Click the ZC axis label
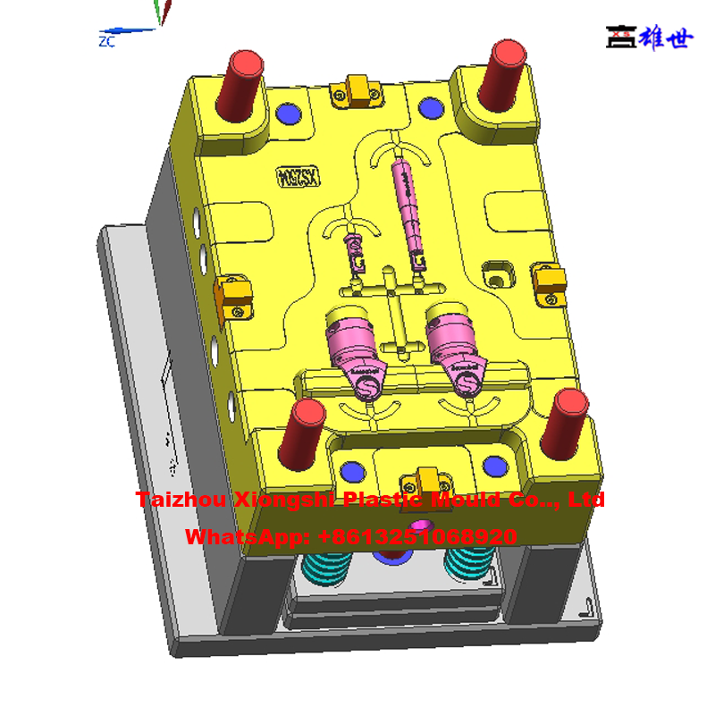(107, 41)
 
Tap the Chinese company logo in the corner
(649, 37)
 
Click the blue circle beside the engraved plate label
(289, 114)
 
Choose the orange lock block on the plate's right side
(549, 282)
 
